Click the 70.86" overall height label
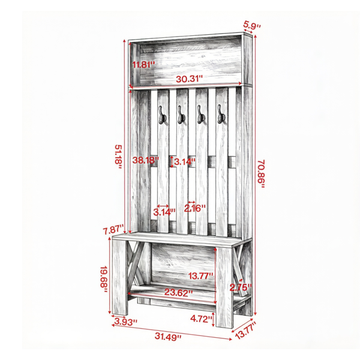pyautogui.click(x=261, y=174)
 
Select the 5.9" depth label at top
pyautogui.click(x=252, y=25)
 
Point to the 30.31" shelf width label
pyautogui.click(x=190, y=79)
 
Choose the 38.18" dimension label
pyautogui.click(x=146, y=160)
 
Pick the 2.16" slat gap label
pyautogui.click(x=195, y=208)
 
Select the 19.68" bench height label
pyautogui.click(x=104, y=279)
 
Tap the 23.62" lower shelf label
pyautogui.click(x=178, y=293)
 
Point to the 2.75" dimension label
pyautogui.click(x=241, y=287)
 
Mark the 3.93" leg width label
pyautogui.click(x=126, y=322)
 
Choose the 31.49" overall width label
pyautogui.click(x=168, y=337)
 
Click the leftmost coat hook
pyautogui.click(x=162, y=115)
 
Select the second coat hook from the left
pyautogui.click(x=181, y=115)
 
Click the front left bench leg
pyautogui.click(x=119, y=277)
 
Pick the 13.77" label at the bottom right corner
pyautogui.click(x=245, y=330)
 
